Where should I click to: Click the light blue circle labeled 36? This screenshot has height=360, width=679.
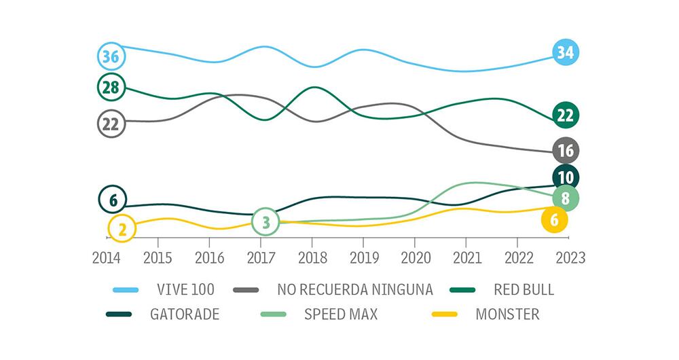(x=111, y=56)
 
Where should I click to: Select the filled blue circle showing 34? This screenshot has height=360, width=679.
(x=565, y=52)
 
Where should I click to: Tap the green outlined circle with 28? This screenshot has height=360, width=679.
(x=111, y=86)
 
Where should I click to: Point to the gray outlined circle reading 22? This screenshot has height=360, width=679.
(x=111, y=124)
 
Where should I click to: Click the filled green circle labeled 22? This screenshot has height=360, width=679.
(x=565, y=115)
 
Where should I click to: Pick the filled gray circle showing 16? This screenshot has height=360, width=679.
(x=565, y=150)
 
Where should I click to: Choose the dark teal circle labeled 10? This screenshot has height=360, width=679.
(x=565, y=178)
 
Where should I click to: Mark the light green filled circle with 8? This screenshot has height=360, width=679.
(x=565, y=198)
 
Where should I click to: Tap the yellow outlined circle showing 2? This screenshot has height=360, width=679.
(x=122, y=229)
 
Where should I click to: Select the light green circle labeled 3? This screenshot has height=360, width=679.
(x=265, y=221)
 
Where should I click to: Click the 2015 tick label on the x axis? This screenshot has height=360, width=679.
(x=158, y=257)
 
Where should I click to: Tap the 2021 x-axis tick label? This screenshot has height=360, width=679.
(x=465, y=257)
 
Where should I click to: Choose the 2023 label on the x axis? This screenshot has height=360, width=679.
(x=568, y=257)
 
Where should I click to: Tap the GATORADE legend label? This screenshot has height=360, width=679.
(x=185, y=315)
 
